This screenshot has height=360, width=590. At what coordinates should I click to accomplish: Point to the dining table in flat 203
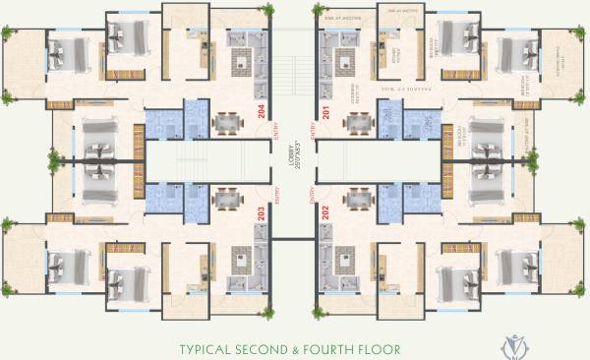(227, 197)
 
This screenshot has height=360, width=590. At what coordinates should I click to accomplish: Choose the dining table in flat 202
(359, 197)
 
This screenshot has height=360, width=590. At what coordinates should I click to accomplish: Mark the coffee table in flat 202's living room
(346, 259)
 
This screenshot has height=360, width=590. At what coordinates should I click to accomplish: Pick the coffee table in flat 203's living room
(241, 259)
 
